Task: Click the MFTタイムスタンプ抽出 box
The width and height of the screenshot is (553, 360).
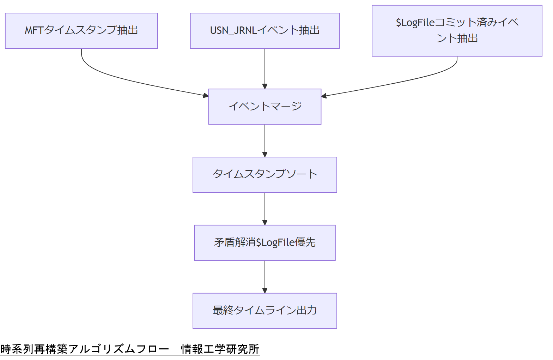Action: point(81,31)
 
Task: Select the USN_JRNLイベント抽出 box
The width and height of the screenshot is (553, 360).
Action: point(265,31)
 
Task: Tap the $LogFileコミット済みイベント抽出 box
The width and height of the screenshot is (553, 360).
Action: point(457,31)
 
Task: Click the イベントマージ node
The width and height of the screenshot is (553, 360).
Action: point(265,106)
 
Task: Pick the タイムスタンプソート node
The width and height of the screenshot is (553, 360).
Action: point(265,174)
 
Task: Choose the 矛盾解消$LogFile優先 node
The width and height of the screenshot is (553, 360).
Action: point(265,242)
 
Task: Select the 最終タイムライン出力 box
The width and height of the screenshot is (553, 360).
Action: point(265,311)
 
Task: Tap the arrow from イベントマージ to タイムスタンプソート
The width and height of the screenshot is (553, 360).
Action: point(265,140)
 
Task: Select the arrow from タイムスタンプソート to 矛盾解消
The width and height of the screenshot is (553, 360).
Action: point(265,208)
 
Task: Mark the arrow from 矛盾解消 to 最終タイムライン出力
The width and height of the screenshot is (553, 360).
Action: point(265,276)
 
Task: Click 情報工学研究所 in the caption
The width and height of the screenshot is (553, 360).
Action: point(220,349)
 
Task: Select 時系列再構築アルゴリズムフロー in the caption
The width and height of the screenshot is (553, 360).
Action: point(85,349)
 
